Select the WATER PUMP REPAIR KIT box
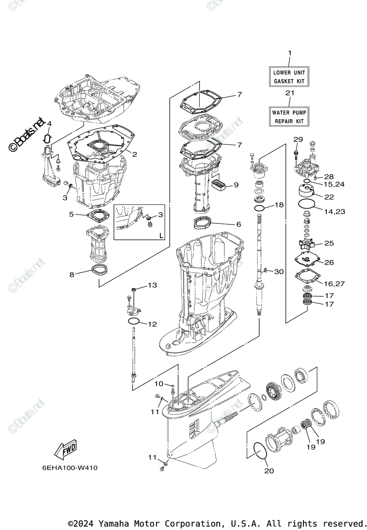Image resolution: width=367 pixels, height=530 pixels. click(289, 117)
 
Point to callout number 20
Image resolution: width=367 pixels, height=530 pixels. click(269, 471)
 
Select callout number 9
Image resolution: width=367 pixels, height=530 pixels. click(236, 185)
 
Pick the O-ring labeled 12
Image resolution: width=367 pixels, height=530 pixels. click(134, 321)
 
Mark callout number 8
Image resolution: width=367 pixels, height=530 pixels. click(72, 274)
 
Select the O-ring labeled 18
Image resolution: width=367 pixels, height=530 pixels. click(260, 208)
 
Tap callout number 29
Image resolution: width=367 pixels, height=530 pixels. click(298, 140)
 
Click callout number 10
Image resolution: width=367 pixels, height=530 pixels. click(159, 383)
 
